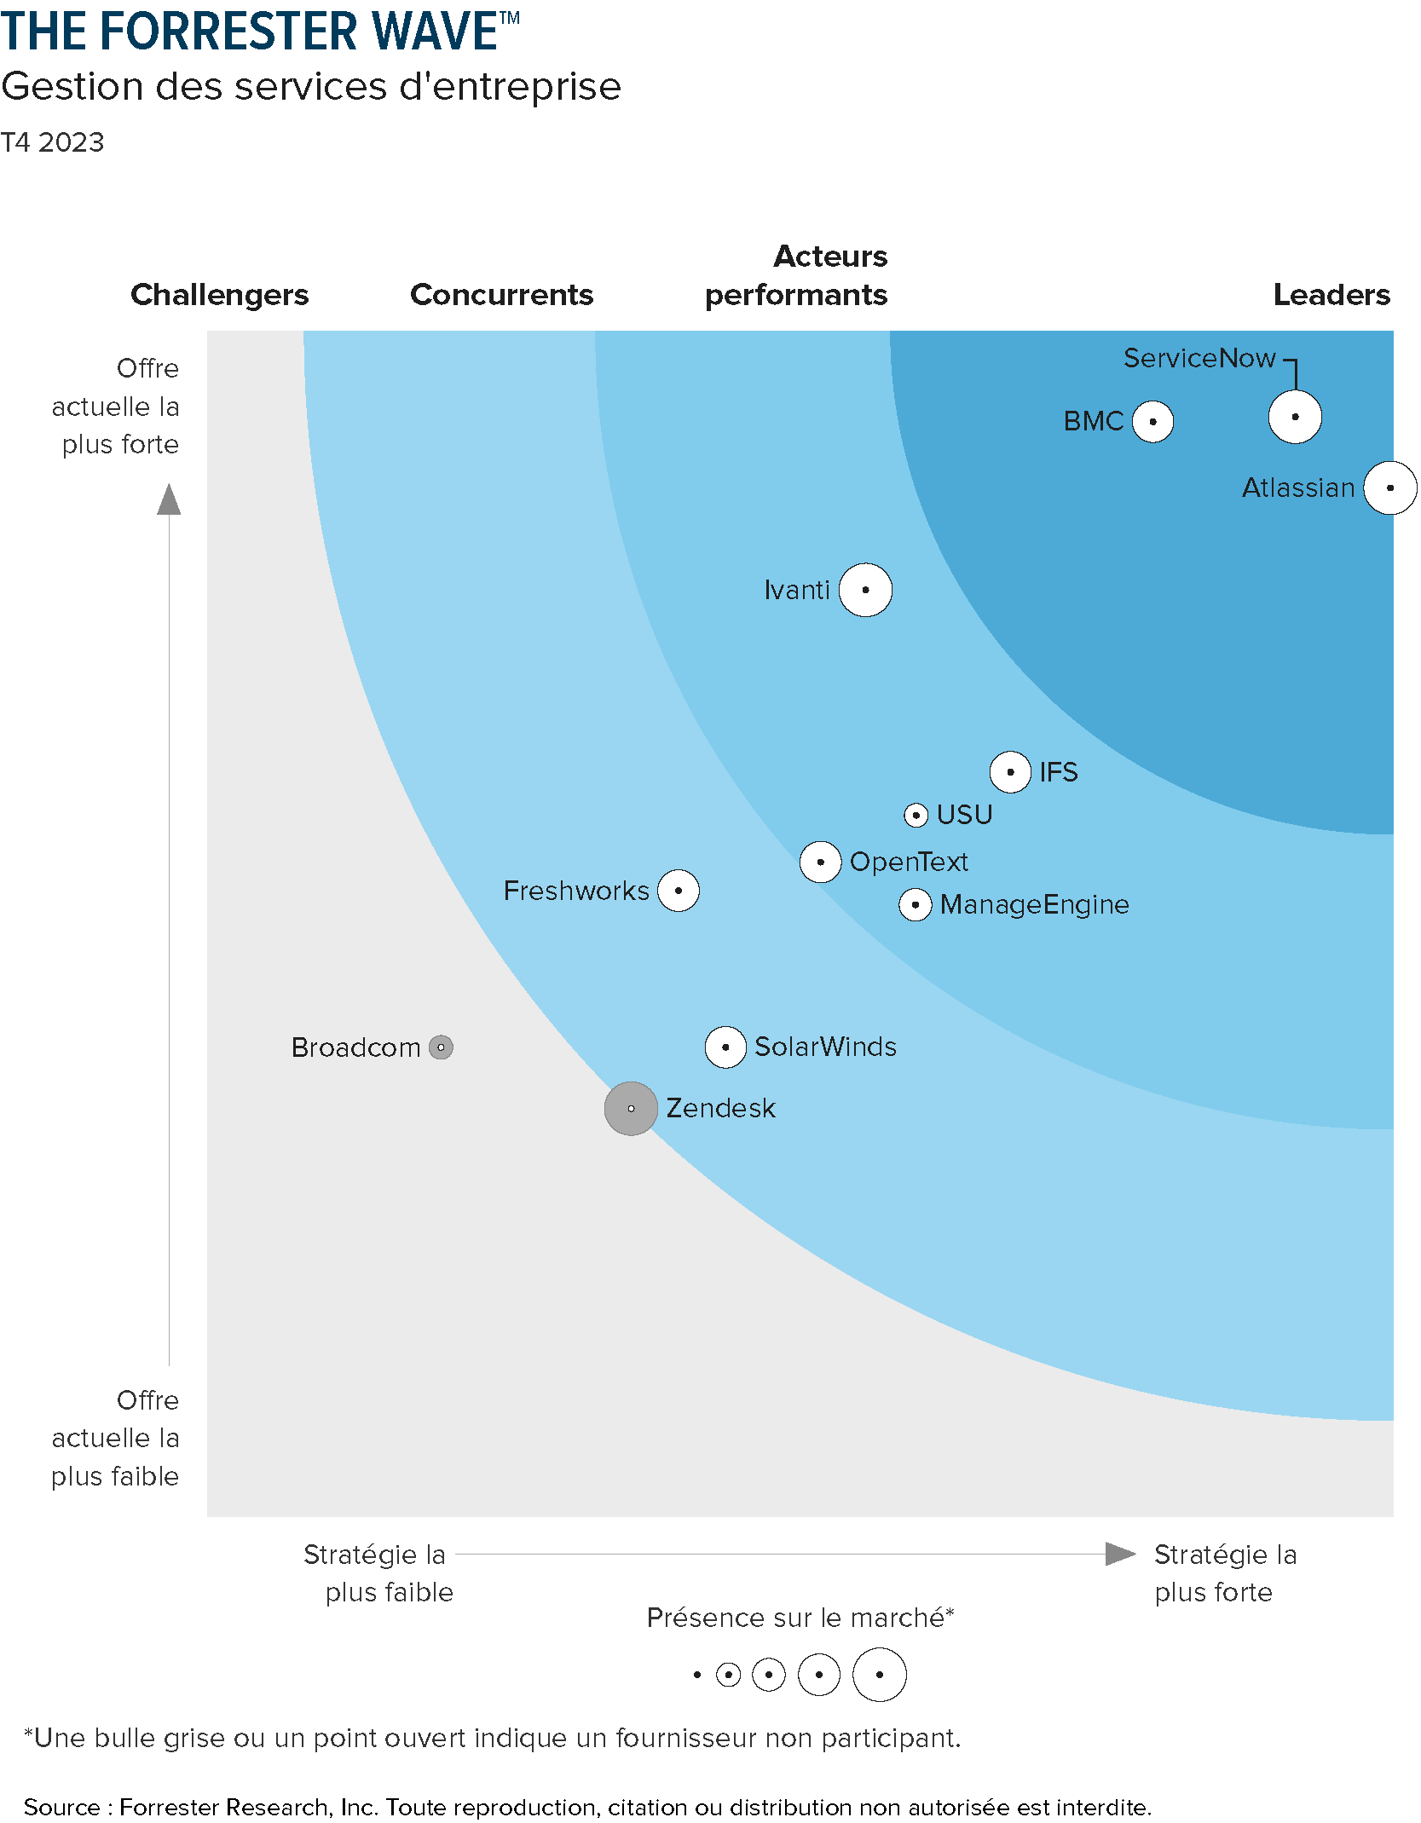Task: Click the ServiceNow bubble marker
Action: pos(1295,417)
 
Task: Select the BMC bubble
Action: pos(1152,421)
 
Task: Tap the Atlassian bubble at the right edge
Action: pos(1389,487)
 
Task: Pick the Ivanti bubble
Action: pos(865,590)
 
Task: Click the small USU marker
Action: pos(916,816)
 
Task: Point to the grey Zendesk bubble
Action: pos(631,1109)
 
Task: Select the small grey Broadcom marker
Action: pos(441,1047)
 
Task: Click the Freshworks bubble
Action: pos(679,891)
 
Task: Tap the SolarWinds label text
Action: pos(825,1047)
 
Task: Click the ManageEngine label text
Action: pos(1034,904)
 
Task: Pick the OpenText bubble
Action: pos(820,862)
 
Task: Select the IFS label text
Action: pos(1058,772)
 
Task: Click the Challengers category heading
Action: pos(220,295)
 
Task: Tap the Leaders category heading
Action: pos(1331,295)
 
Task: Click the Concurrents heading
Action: pos(501,295)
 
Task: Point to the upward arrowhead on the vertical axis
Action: pos(169,500)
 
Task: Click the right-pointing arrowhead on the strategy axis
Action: pos(1119,1554)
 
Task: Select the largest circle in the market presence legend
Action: pos(879,1675)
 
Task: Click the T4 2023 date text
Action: pos(52,142)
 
